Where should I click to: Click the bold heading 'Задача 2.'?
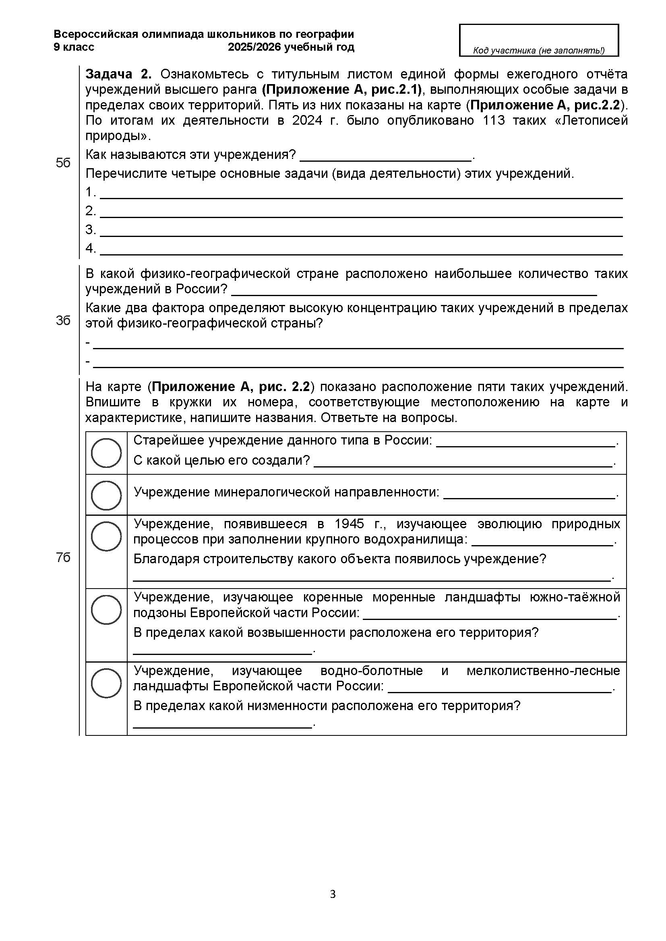point(118,74)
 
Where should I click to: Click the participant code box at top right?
point(538,40)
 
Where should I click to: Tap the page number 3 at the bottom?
point(333,894)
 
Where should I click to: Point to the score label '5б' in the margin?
point(63,163)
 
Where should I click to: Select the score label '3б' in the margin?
point(63,321)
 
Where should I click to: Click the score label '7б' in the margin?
point(63,557)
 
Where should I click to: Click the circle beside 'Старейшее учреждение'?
point(106,453)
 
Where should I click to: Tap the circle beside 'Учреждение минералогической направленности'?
point(106,495)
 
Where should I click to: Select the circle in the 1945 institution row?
point(106,536)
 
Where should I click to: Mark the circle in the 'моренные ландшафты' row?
point(106,609)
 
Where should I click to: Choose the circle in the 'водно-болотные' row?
point(106,683)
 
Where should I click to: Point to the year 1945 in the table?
point(350,524)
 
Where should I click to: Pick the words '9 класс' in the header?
point(74,47)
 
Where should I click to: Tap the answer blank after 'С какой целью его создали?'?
point(463,461)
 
